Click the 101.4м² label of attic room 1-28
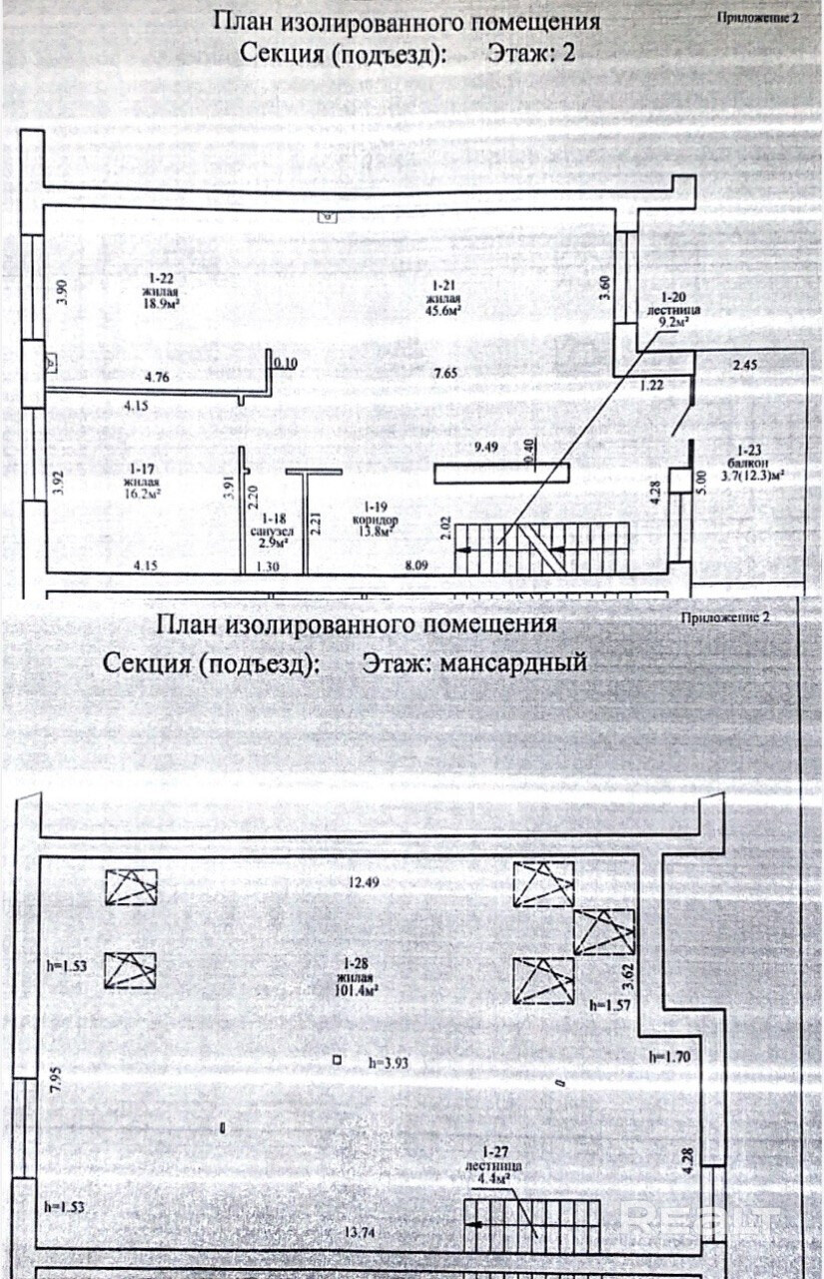point(356,991)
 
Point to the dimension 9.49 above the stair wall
point(486,447)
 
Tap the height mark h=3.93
point(391,1062)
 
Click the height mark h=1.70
point(669,1055)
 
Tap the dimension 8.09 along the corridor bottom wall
point(420,567)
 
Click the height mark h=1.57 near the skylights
point(611,1004)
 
